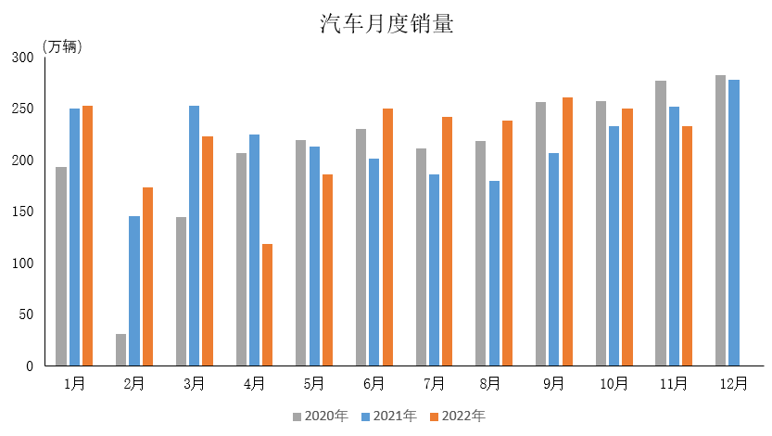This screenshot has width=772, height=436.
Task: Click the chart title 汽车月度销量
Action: (x=386, y=24)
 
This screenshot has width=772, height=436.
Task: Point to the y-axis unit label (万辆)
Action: (x=62, y=47)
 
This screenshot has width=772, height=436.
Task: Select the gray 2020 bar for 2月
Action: (x=121, y=350)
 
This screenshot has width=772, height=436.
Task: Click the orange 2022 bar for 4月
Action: (x=268, y=304)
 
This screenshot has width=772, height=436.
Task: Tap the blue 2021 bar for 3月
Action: (x=195, y=236)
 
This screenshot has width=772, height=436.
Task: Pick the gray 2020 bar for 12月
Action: (x=720, y=221)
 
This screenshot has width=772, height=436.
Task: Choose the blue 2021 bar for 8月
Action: (x=494, y=273)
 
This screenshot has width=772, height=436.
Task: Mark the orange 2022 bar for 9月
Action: (x=567, y=231)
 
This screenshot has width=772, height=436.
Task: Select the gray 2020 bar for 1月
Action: (x=61, y=266)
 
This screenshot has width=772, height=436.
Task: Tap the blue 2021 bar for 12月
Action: (x=734, y=223)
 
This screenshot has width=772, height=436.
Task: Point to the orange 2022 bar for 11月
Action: (x=687, y=246)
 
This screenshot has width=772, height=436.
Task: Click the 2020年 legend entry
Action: (x=320, y=417)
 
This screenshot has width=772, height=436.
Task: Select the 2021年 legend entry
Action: (x=388, y=417)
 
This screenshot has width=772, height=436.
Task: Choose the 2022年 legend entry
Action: (x=457, y=417)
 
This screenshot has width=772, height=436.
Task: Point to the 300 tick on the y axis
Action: (x=23, y=58)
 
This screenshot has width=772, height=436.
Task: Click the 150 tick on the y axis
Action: (x=23, y=212)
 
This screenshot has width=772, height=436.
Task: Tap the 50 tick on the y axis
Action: (x=27, y=314)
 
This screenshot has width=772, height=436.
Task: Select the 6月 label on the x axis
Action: (x=374, y=383)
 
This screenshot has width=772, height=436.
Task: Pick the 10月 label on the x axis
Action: (x=614, y=383)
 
